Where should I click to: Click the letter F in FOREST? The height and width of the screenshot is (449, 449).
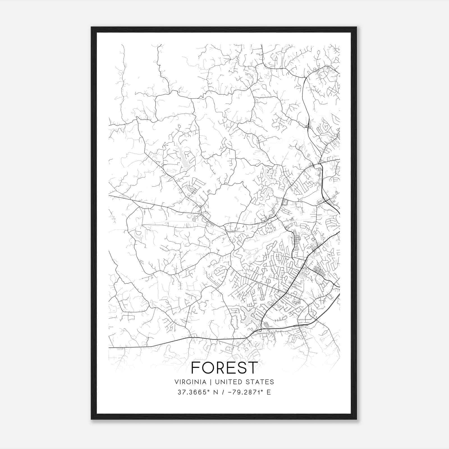tap(196, 368)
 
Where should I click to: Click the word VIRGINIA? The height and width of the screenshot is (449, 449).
tap(191, 382)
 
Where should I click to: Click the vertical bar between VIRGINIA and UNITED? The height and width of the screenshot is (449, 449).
tap(210, 382)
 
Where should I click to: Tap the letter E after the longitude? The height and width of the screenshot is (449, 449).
tap(269, 392)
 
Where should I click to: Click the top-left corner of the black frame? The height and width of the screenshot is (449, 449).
tap(91, 27)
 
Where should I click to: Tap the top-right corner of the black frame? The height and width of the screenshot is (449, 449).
tap(356, 27)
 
